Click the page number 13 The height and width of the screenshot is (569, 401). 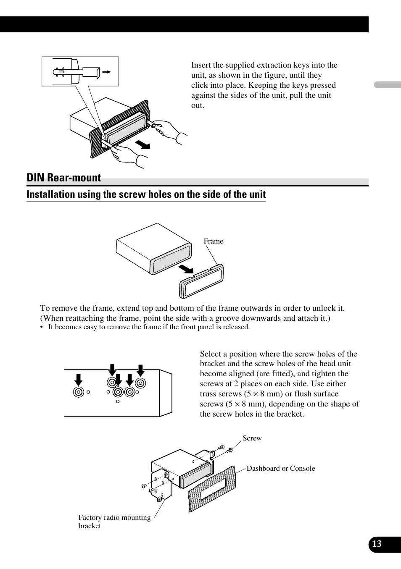(x=377, y=544)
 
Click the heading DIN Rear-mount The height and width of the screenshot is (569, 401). (x=64, y=178)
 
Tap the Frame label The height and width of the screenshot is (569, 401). (x=213, y=241)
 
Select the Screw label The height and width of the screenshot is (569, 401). (x=252, y=438)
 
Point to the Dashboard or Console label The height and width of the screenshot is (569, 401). (x=280, y=469)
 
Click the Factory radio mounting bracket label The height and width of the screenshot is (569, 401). (x=114, y=522)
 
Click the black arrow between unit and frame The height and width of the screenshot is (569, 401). (x=185, y=268)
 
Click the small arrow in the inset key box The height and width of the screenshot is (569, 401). (x=106, y=72)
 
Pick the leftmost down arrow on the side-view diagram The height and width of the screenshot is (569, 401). (x=79, y=379)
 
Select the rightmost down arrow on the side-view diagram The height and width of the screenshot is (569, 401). (x=140, y=370)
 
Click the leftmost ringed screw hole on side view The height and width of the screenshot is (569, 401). (x=79, y=392)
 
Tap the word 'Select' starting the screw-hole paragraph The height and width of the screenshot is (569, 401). (x=210, y=354)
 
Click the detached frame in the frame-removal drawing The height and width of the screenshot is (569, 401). (x=201, y=281)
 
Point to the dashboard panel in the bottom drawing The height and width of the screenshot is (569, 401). (x=212, y=489)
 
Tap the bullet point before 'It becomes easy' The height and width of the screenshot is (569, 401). (x=42, y=328)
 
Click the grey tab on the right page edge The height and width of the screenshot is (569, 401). (x=387, y=84)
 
